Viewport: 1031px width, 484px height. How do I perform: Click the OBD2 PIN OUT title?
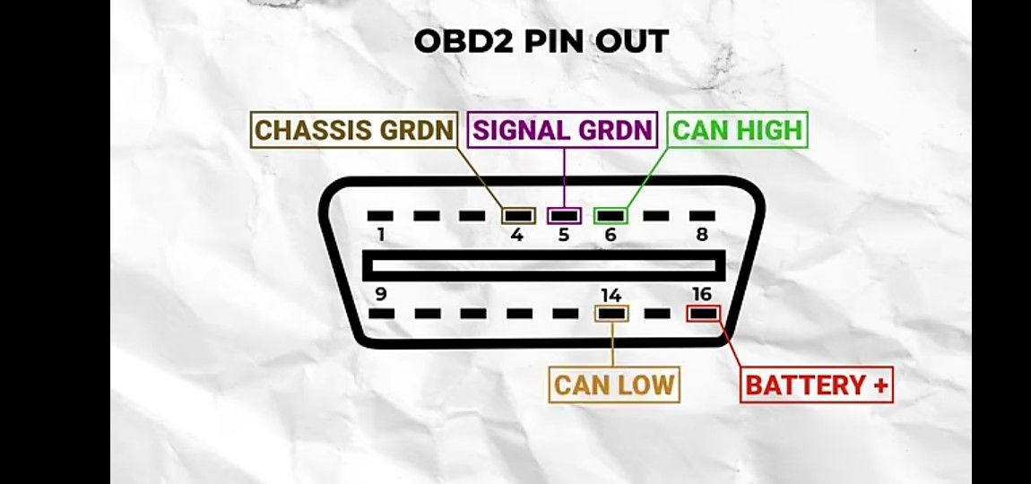[x=541, y=41]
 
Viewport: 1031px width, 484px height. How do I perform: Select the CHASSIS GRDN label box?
[x=355, y=130]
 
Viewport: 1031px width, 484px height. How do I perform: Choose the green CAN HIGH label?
[x=738, y=130]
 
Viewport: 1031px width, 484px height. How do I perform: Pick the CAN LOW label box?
[x=614, y=385]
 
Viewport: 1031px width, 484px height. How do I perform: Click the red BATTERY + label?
[x=817, y=385]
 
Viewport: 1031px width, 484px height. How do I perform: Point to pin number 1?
[x=381, y=236]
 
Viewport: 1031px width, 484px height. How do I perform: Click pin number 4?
[x=517, y=236]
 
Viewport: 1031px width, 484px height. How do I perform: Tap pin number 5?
[x=564, y=236]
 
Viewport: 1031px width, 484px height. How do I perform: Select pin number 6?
[x=611, y=236]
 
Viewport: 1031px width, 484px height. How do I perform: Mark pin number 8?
[x=702, y=236]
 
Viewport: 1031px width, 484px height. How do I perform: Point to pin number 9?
[x=381, y=293]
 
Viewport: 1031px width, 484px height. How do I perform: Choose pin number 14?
[x=611, y=293]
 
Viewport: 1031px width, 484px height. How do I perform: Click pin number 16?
[x=702, y=293]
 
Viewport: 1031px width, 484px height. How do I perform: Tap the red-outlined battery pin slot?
[x=703, y=314]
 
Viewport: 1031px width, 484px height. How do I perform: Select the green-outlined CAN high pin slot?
[x=611, y=216]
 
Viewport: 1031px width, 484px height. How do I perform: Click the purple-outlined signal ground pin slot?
[x=564, y=216]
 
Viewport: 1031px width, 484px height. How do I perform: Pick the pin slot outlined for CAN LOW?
[x=612, y=314]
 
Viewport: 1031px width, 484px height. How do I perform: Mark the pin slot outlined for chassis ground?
[x=517, y=216]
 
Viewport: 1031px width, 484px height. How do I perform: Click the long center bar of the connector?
[x=544, y=264]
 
